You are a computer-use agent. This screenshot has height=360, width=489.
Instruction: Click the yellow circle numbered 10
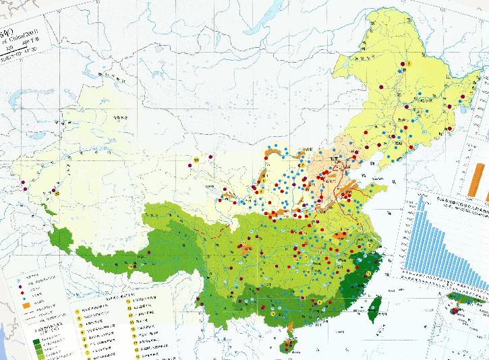(x=196, y=160)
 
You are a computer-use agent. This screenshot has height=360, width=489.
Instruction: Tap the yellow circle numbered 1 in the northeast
(x=409, y=63)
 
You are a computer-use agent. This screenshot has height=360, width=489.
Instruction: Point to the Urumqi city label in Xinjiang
(x=120, y=119)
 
